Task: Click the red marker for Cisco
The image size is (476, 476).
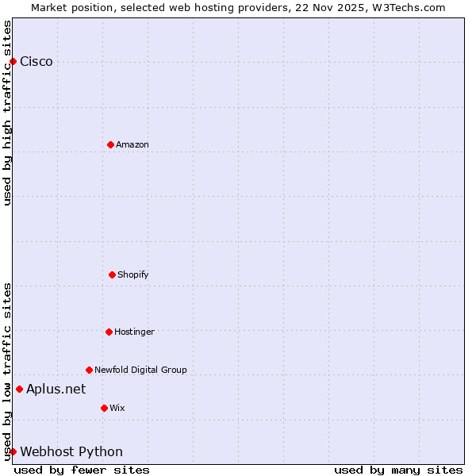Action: (x=13, y=62)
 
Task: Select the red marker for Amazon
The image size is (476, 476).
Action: (x=110, y=144)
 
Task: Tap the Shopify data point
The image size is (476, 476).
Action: (x=112, y=274)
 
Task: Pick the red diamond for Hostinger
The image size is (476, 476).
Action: (x=109, y=332)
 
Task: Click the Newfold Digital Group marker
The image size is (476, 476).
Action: (x=89, y=370)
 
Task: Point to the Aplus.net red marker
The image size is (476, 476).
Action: (x=19, y=389)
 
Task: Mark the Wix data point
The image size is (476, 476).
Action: (x=104, y=408)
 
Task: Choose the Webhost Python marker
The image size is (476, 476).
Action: (x=13, y=451)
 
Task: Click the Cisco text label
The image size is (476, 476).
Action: (x=36, y=62)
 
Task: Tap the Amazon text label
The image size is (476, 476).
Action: (x=132, y=144)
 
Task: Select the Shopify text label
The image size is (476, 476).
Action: (x=133, y=274)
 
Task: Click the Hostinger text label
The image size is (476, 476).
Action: (x=134, y=332)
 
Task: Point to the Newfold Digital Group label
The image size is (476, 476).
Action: (x=140, y=370)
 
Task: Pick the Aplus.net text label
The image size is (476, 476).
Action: (x=56, y=389)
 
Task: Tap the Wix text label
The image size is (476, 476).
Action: (x=117, y=408)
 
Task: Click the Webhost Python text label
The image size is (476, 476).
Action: (x=71, y=451)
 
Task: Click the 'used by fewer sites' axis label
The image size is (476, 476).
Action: (x=82, y=470)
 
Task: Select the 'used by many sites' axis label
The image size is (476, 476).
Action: (x=398, y=470)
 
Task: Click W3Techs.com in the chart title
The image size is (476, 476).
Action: (x=407, y=7)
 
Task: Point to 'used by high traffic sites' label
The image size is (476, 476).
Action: (x=7, y=113)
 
